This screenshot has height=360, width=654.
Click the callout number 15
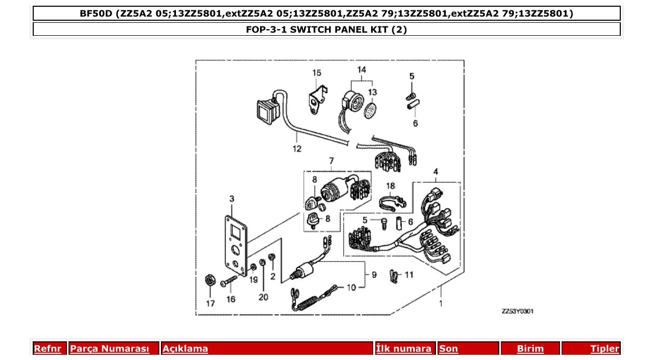[x=317, y=73]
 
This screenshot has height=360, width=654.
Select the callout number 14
[x=361, y=70]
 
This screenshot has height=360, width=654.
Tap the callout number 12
[x=296, y=148]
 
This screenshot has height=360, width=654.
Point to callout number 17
[x=210, y=303]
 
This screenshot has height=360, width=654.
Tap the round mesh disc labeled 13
[x=370, y=112]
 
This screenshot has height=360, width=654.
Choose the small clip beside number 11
[x=394, y=274]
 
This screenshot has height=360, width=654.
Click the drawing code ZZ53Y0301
[x=517, y=311]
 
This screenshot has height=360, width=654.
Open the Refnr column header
[x=47, y=349]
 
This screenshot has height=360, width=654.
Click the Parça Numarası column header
[x=110, y=349]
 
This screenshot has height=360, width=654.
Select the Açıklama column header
[x=185, y=349]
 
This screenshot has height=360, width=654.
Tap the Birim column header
[x=530, y=349]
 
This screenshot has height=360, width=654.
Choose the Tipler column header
[x=604, y=349]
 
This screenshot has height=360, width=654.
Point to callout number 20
[x=263, y=297]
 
